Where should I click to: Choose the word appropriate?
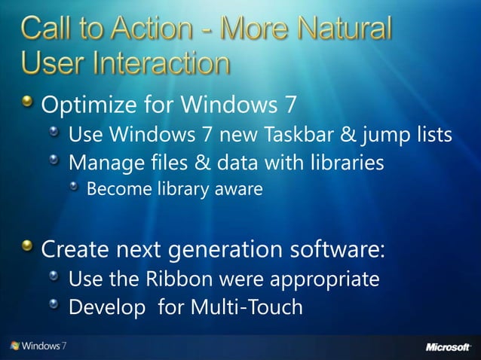(330, 280)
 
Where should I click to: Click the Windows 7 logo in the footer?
(38, 346)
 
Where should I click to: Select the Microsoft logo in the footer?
(448, 347)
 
